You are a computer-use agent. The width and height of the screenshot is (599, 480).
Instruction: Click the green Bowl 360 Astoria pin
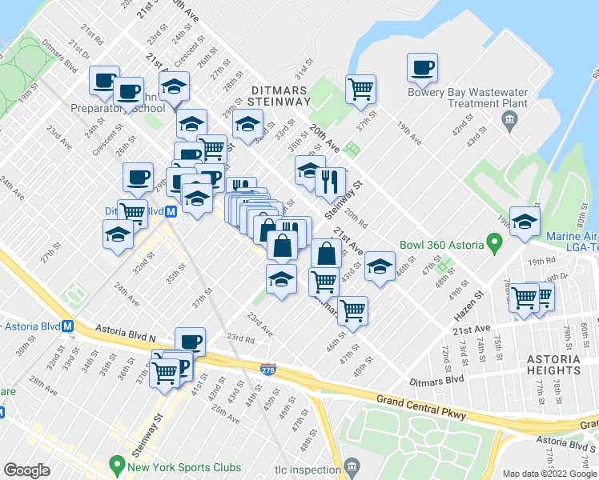(495, 241)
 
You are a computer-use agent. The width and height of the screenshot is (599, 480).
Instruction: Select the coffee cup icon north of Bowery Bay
(421, 69)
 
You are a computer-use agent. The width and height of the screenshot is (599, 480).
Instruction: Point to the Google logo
(26, 470)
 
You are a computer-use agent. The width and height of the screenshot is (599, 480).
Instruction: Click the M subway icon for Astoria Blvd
(68, 326)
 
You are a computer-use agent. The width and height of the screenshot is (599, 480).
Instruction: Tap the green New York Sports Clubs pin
(117, 465)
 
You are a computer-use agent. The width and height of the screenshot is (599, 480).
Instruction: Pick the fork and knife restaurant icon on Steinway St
(330, 183)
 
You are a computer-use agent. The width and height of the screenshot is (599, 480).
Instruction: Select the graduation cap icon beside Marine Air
(525, 223)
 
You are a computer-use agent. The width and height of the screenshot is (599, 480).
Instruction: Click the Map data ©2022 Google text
(549, 474)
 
